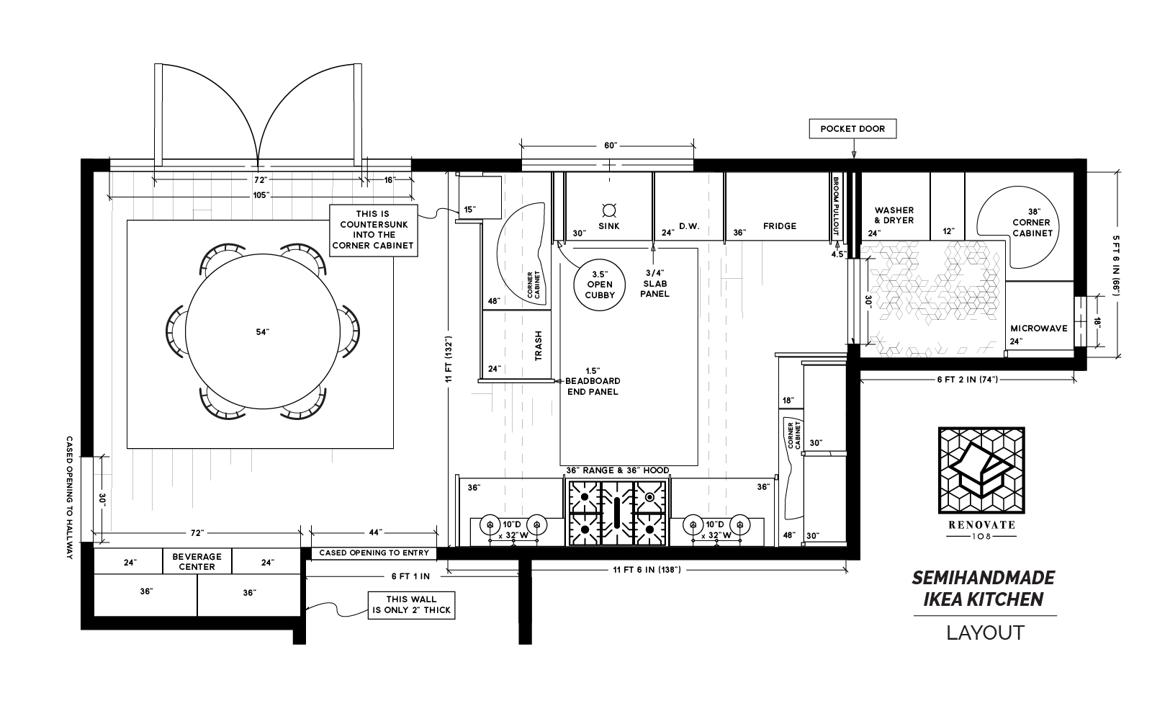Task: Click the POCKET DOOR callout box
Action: click(852, 130)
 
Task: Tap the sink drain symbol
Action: click(609, 210)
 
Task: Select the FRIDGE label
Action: click(780, 226)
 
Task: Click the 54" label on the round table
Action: click(262, 332)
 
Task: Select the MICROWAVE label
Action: click(1038, 328)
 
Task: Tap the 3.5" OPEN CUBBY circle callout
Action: click(599, 285)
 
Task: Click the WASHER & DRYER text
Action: click(894, 215)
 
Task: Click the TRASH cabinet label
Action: click(538, 347)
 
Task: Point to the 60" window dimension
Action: click(610, 146)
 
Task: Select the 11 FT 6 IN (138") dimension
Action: click(647, 570)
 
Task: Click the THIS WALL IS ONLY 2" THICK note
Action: click(410, 604)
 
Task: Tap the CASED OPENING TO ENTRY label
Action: click(373, 553)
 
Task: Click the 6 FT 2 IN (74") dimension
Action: click(967, 379)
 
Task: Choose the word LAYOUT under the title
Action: click(984, 633)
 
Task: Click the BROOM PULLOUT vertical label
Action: click(836, 207)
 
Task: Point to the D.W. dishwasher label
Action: click(689, 226)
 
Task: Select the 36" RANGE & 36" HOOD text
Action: click(617, 470)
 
